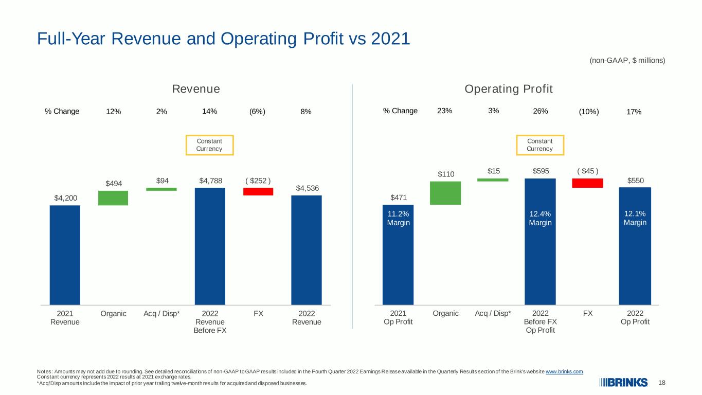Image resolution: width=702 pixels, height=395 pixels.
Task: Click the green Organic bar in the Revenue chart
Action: pos(113,198)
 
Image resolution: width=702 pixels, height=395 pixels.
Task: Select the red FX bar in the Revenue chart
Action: pos(258,191)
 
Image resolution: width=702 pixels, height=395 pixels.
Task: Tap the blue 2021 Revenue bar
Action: pos(65,255)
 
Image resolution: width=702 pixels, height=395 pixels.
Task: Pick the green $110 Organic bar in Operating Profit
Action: pos(445,193)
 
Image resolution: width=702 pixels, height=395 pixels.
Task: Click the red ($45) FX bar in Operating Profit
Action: pos(588,183)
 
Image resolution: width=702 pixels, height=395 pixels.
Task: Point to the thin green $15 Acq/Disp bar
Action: pos(493,180)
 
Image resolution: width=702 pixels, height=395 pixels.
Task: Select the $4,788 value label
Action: pos(211,181)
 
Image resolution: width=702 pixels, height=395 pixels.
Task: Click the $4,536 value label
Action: pos(308,188)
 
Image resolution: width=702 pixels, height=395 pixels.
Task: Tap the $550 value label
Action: pos(636,181)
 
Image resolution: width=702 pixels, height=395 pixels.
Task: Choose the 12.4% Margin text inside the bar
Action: pos(541,218)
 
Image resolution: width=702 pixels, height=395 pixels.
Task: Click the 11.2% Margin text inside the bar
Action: pos(399,218)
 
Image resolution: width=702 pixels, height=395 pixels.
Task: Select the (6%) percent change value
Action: pos(257,112)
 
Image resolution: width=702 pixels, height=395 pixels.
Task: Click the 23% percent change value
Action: pos(445,111)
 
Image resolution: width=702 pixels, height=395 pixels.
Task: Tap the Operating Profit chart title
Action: pos(509,89)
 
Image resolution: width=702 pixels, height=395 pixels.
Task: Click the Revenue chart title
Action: pos(196,89)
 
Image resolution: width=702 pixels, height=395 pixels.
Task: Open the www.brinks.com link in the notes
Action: pos(564,371)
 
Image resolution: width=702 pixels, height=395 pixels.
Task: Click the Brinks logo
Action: pos(623,383)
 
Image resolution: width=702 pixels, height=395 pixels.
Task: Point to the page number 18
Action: pos(662,383)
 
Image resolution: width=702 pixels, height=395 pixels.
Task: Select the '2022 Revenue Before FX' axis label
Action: pos(210,322)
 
